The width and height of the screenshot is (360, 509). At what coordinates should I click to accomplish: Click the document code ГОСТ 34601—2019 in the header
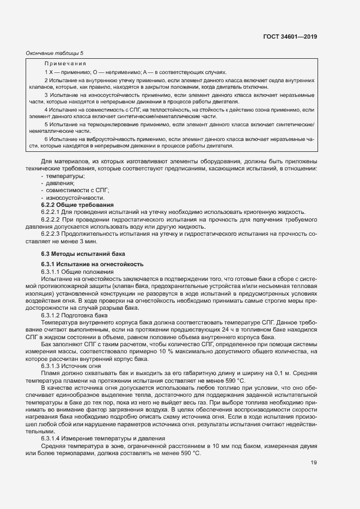pos(291,36)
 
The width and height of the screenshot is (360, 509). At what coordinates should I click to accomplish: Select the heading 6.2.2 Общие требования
pos(77,205)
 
